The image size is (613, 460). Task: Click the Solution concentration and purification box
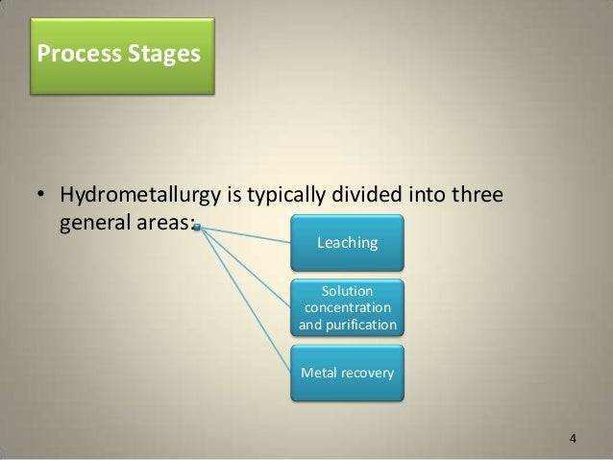[x=347, y=307]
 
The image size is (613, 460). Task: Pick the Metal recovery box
[x=347, y=371]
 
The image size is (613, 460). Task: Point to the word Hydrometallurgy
[x=138, y=199]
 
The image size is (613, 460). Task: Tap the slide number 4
[x=574, y=440]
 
